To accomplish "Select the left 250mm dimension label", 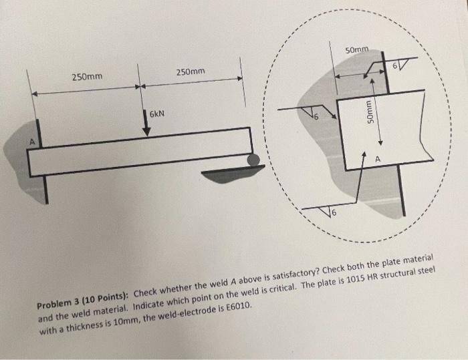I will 88,77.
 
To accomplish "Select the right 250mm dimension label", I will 191,71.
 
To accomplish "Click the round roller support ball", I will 254,160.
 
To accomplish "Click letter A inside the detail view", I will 378,159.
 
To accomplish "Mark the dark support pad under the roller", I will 227,175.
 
